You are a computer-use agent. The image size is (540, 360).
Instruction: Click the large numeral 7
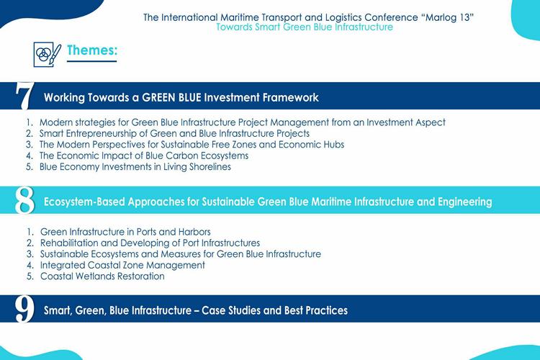pyautogui.click(x=24, y=96)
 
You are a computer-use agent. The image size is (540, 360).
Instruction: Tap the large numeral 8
pyautogui.click(x=24, y=200)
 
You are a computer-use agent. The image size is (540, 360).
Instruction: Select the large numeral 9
pyautogui.click(x=24, y=309)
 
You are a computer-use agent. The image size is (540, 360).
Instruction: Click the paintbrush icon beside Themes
pyautogui.click(x=48, y=54)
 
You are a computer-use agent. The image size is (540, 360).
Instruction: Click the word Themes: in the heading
pyautogui.click(x=92, y=50)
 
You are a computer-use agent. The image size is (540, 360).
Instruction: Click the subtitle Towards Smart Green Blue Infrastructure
pyautogui.click(x=305, y=27)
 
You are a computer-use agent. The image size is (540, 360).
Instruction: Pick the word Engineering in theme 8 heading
pyautogui.click(x=465, y=202)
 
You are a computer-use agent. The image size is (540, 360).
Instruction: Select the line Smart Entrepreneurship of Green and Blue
pyautogui.click(x=174, y=133)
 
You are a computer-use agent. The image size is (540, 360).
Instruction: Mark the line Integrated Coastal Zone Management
pyautogui.click(x=122, y=265)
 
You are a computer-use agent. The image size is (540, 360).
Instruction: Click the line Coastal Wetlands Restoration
pyautogui.click(x=102, y=276)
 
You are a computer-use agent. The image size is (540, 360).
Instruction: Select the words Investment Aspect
pyautogui.click(x=405, y=122)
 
